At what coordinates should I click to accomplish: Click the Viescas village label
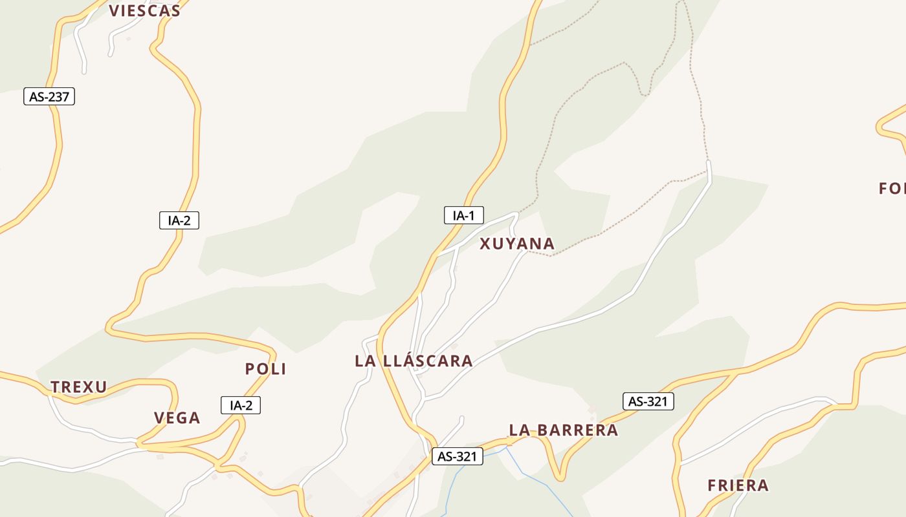click(x=144, y=10)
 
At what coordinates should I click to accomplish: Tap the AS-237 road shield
click(x=49, y=97)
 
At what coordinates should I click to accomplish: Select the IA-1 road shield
click(x=463, y=215)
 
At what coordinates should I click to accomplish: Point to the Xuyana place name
click(x=517, y=244)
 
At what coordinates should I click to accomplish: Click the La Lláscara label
click(x=414, y=361)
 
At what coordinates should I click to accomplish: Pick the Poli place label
click(x=265, y=369)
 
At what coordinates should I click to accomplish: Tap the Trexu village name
click(x=79, y=387)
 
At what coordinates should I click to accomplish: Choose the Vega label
click(x=177, y=418)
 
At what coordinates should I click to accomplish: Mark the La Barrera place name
click(x=563, y=430)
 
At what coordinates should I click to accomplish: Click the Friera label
click(x=738, y=485)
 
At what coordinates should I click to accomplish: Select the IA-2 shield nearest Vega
click(x=241, y=405)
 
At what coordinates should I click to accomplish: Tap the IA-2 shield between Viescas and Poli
click(x=179, y=220)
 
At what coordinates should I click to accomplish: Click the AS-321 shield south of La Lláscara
click(x=458, y=456)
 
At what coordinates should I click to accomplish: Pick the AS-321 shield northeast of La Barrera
click(x=648, y=401)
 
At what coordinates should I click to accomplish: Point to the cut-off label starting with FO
click(x=892, y=189)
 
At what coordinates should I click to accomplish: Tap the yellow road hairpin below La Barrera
click(x=560, y=477)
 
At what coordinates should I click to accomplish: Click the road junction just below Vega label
click(x=139, y=444)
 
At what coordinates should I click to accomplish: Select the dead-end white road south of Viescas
click(x=83, y=67)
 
